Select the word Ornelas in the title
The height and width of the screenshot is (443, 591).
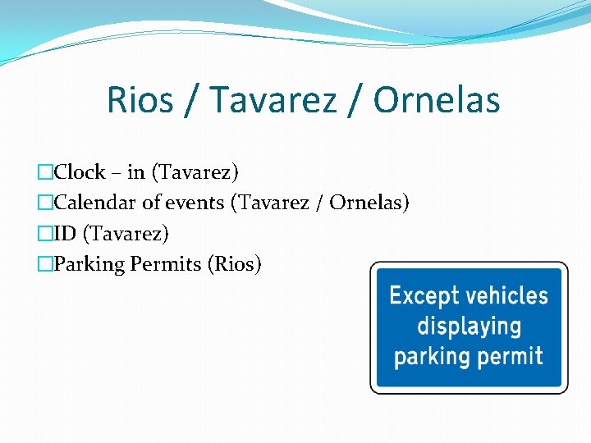[436, 101]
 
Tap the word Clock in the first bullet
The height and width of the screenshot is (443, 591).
[80, 172]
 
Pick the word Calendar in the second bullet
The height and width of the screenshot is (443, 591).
[92, 203]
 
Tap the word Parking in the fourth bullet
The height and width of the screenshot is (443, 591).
[85, 264]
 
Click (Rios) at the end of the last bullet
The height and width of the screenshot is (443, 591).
[235, 264]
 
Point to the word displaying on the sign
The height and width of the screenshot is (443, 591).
[469, 327]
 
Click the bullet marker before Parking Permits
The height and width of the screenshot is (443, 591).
[45, 264]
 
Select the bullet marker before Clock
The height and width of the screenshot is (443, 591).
[45, 172]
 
